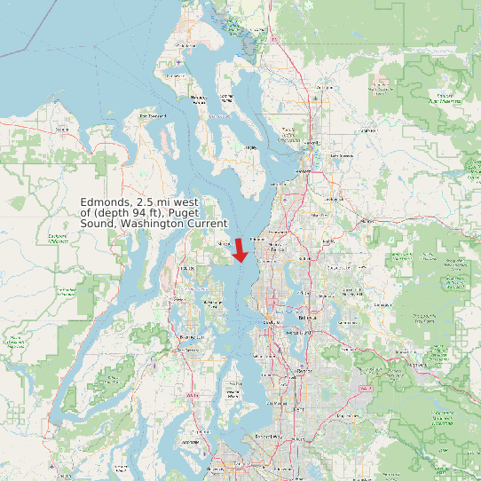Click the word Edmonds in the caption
pos(106,202)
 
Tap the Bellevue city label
pos(306,317)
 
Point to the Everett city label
pos(304,171)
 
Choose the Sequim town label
pos(62,130)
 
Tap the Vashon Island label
pos(233,391)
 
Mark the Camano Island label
pos(225,98)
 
